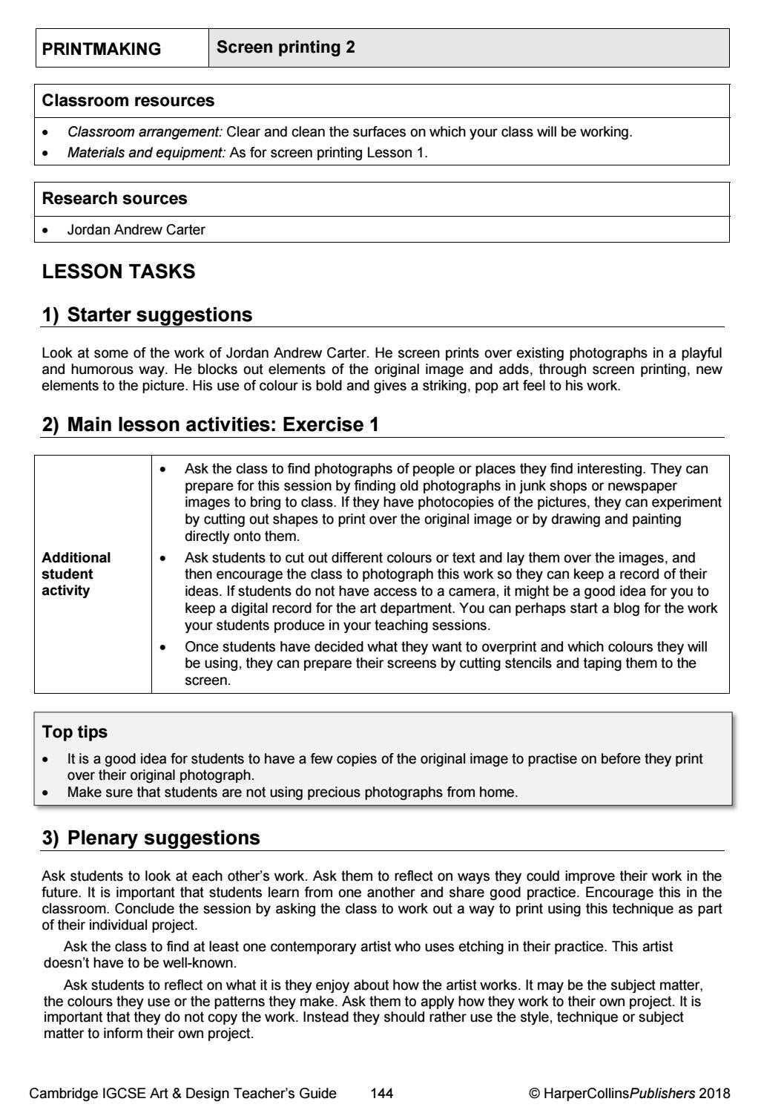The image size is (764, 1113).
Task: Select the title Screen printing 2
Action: pos(286,47)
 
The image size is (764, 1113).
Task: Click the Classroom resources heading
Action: pos(128,100)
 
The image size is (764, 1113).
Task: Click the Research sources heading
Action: pos(114,199)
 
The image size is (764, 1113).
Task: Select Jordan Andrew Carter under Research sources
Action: pos(136,230)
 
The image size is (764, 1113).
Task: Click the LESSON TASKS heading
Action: pos(119,272)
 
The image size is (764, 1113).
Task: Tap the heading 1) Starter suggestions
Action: pos(147,315)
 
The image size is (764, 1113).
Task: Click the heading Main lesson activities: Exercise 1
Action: pos(210,424)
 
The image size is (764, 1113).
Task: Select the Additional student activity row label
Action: pos(76,574)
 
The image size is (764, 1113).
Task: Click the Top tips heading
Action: pos(74,732)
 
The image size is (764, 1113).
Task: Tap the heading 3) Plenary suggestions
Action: pos(151,838)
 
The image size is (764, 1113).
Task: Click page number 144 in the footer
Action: pos(381,1093)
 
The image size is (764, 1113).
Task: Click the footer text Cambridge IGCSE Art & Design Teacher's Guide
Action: pos(182,1093)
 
